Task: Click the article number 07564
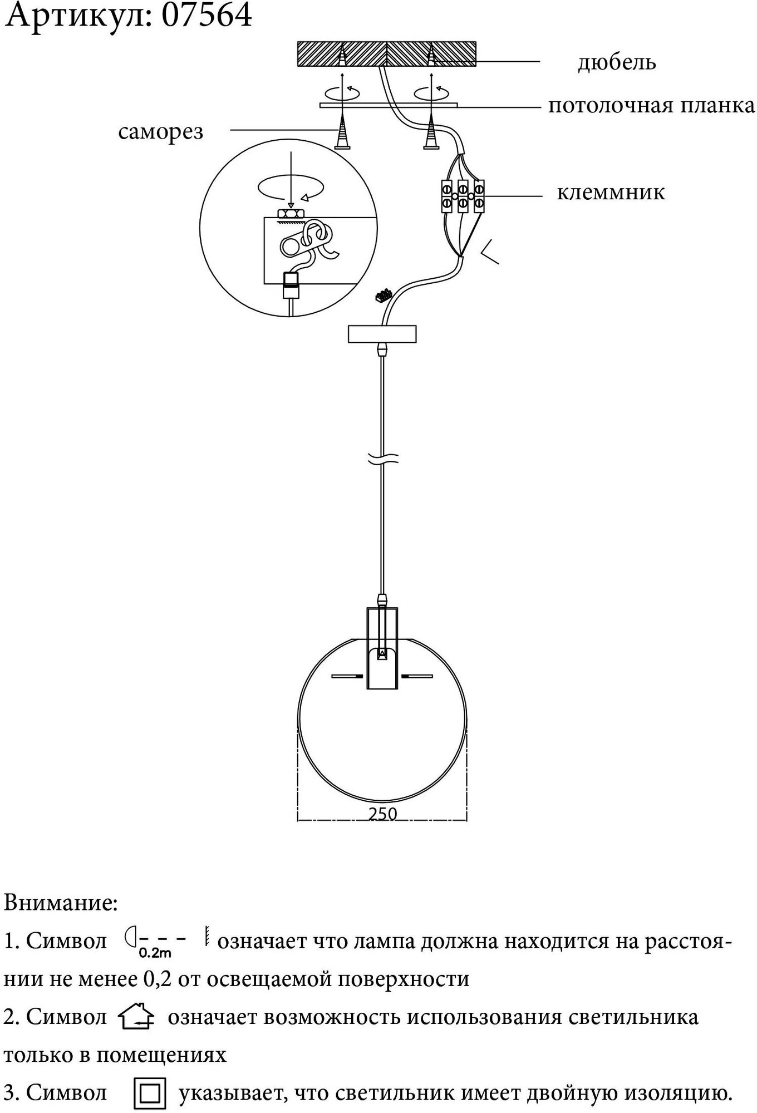207,16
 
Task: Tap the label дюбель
617,62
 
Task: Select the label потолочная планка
651,105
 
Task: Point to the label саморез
161,132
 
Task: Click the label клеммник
611,193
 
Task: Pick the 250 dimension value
383,814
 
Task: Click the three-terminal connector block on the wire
463,196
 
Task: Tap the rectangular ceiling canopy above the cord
382,334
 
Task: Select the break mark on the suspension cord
382,459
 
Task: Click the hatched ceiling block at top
387,54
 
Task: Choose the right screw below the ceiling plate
431,135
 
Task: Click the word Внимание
61,903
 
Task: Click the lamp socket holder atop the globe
382,648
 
